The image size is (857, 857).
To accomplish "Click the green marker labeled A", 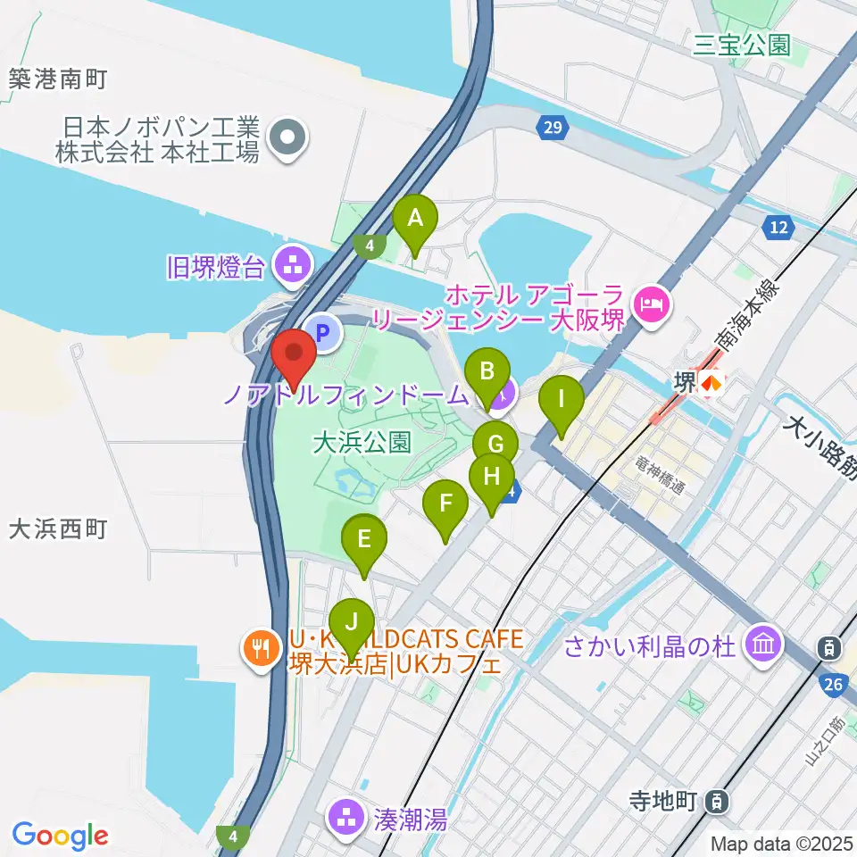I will point(415,220).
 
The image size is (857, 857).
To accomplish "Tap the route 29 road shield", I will point(553,129).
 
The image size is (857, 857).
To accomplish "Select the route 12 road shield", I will point(779,228).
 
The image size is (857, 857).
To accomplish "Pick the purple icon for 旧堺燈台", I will point(292,264).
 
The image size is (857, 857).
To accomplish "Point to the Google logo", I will point(60,836).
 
